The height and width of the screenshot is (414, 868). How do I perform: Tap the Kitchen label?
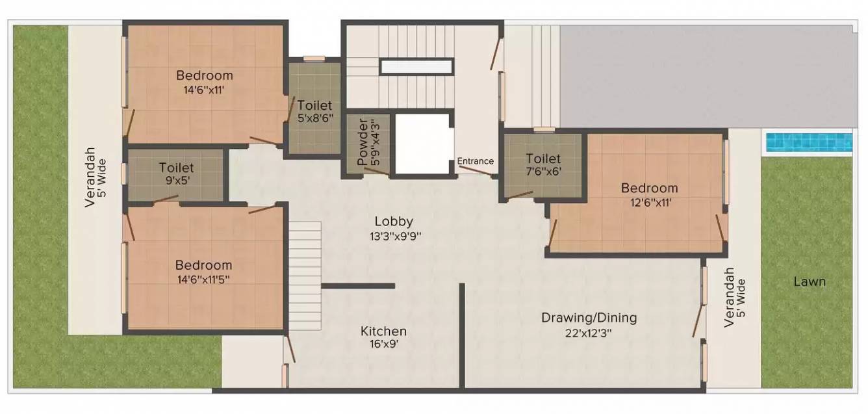tap(383, 331)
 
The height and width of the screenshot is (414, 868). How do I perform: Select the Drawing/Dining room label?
tap(589, 318)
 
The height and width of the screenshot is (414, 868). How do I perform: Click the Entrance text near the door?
tap(475, 161)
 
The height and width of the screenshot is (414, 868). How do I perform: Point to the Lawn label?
tap(809, 281)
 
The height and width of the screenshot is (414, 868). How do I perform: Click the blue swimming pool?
tap(808, 142)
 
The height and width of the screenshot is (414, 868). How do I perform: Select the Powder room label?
tap(363, 142)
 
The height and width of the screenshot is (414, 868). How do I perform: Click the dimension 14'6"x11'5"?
tap(203, 279)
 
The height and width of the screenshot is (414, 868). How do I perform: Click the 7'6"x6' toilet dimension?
tap(543, 172)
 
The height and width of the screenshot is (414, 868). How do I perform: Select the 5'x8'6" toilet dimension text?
tap(314, 119)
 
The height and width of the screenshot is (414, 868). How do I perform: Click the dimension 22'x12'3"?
tap(589, 333)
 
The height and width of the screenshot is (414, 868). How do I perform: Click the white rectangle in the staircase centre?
tap(416, 66)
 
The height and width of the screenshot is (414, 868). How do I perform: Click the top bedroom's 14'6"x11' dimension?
tap(204, 90)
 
